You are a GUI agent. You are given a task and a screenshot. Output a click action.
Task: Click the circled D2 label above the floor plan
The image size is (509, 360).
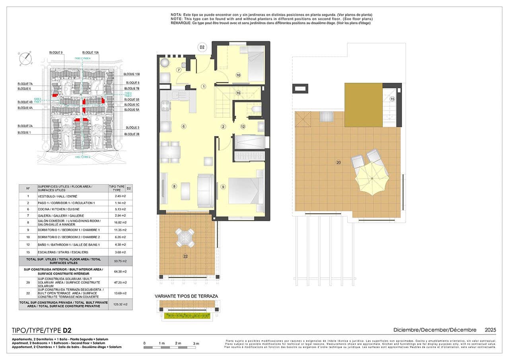tap(202, 47)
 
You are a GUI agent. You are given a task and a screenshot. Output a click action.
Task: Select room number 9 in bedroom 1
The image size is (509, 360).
tap(223, 187)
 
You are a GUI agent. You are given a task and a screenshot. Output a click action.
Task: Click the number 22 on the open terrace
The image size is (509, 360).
tap(185, 257)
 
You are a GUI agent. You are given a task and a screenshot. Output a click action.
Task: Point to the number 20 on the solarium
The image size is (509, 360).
tap(338, 162)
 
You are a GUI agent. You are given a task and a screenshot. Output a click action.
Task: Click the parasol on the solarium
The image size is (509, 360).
tap(371, 179)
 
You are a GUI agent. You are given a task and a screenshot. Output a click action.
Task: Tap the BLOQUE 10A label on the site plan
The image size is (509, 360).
tap(91, 53)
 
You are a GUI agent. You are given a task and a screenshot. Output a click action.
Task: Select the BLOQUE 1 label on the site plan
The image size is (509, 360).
tap(24, 132)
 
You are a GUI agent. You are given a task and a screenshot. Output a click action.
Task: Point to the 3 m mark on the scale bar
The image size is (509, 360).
tap(196, 343)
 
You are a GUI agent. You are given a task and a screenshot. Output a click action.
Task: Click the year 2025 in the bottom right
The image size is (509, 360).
tap(490, 330)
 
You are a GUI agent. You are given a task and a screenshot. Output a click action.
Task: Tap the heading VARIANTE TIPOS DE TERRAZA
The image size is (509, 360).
tap(186, 296)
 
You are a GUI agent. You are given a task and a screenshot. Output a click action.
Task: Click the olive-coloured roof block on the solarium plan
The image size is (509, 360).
tap(363, 105)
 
